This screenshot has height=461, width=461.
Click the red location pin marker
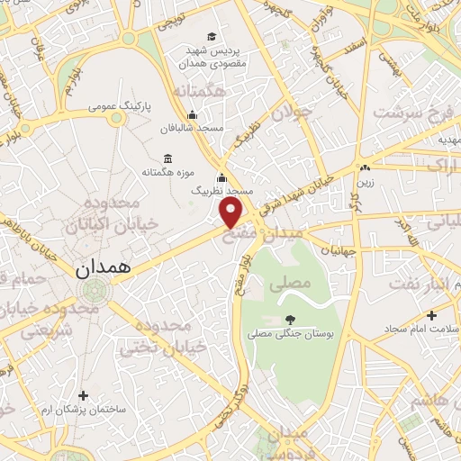coord(232,212)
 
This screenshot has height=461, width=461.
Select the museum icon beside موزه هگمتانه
coord(168,158)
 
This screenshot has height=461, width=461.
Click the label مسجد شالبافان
coord(191,129)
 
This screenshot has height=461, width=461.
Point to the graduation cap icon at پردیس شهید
coord(211,37)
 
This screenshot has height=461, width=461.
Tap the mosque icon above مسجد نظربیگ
coord(221,177)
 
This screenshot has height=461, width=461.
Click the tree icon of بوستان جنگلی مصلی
coord(289,319)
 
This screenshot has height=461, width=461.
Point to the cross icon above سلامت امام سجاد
coord(432,316)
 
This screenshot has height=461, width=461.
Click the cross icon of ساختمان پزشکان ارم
coord(83,395)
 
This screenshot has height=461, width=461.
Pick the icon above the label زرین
coord(365,167)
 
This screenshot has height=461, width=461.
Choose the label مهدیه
coord(447,140)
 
